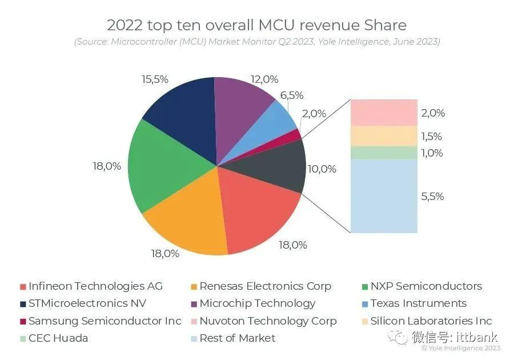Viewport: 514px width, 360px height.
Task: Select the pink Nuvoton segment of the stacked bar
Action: (x=383, y=112)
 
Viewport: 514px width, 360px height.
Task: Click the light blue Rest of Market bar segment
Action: (x=383, y=196)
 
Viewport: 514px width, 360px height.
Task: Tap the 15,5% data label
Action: (x=155, y=79)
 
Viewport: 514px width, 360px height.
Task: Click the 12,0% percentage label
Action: (x=264, y=79)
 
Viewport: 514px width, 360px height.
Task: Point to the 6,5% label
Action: (x=291, y=95)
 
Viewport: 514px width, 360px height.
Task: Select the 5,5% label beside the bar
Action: (x=432, y=196)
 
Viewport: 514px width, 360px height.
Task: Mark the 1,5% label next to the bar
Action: (x=432, y=137)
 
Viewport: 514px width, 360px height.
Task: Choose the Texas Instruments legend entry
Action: (x=418, y=303)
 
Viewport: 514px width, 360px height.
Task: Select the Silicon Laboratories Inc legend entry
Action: (x=431, y=321)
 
